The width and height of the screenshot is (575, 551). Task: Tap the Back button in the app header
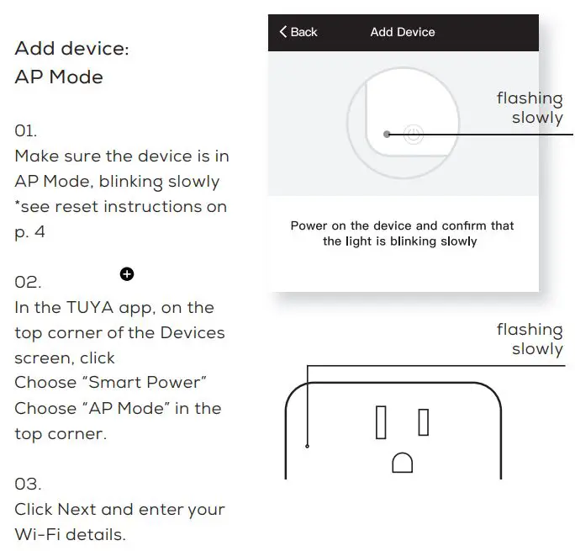pyautogui.click(x=298, y=32)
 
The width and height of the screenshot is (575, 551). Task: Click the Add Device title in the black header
pyautogui.click(x=403, y=32)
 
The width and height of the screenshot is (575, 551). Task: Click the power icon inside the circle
pyautogui.click(x=413, y=134)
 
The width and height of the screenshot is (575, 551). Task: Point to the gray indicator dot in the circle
pyautogui.click(x=387, y=134)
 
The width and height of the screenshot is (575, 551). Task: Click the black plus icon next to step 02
pyautogui.click(x=127, y=274)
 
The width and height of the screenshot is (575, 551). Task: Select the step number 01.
pyautogui.click(x=26, y=131)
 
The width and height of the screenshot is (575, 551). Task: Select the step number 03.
pyautogui.click(x=28, y=485)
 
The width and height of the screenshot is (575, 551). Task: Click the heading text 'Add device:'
pyautogui.click(x=72, y=49)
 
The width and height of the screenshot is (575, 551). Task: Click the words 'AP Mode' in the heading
pyautogui.click(x=59, y=77)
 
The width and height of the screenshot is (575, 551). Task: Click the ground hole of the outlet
pyautogui.click(x=403, y=463)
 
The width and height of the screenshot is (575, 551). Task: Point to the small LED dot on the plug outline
pyautogui.click(x=308, y=446)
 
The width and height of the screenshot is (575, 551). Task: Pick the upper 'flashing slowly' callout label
pyautogui.click(x=530, y=109)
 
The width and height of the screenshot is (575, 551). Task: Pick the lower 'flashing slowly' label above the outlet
pyautogui.click(x=530, y=339)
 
